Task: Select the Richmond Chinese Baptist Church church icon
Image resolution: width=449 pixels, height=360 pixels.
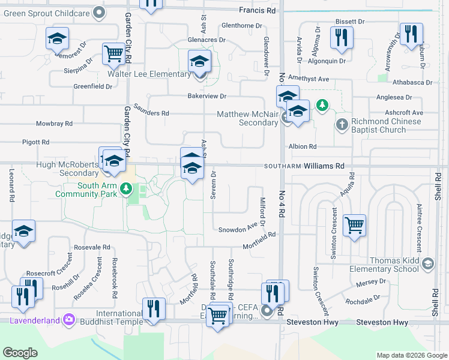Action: pyautogui.click(x=342, y=125)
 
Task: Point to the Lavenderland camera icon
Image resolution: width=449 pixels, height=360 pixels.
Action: pyautogui.click(x=69, y=320)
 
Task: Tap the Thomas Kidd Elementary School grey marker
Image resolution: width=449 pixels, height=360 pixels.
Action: pyautogui.click(x=427, y=263)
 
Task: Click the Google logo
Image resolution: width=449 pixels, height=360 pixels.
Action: pyautogui.click(x=20, y=353)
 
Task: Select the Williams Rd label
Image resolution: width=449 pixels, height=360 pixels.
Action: pyautogui.click(x=324, y=166)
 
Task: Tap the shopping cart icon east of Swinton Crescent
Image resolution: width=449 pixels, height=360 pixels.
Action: pyautogui.click(x=355, y=226)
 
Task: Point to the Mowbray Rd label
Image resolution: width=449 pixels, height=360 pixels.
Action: pyautogui.click(x=54, y=124)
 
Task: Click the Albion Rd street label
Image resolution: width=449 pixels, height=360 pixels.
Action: pyautogui.click(x=302, y=146)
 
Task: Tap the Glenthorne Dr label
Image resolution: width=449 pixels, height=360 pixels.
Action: pyautogui.click(x=242, y=26)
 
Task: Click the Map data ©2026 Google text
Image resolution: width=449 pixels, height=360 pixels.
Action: pyautogui.click(x=412, y=355)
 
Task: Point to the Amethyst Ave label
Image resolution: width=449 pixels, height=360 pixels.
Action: pyautogui.click(x=309, y=79)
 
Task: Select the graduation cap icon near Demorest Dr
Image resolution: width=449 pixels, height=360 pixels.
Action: pyautogui.click(x=57, y=38)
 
